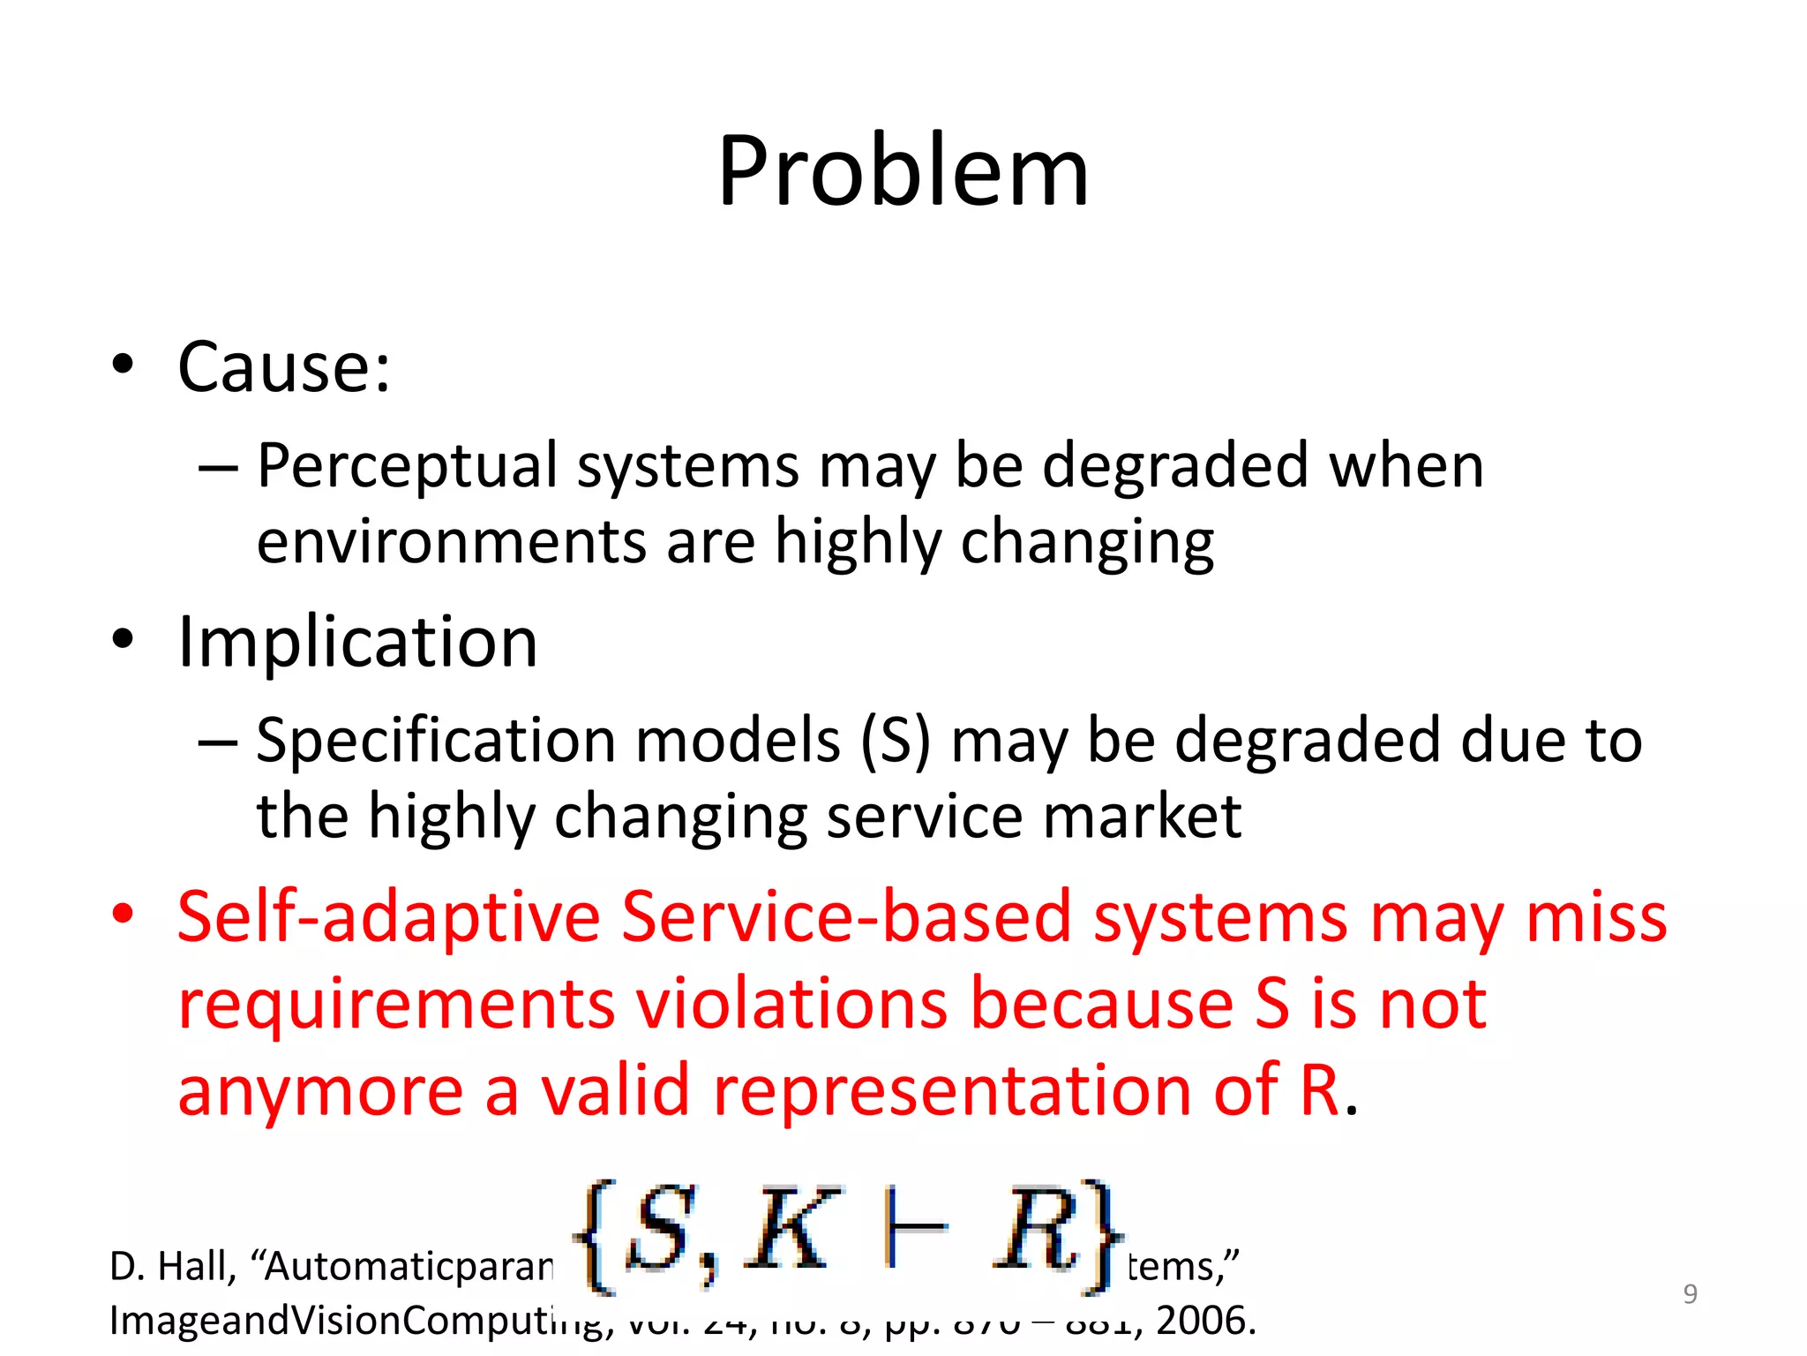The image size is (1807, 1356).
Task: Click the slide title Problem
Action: [x=903, y=172]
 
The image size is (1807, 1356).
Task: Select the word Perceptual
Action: [x=408, y=466]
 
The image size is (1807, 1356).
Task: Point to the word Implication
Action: [x=357, y=642]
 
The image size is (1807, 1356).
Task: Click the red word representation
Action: [x=954, y=1090]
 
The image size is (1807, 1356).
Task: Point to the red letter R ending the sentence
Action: [x=1320, y=1090]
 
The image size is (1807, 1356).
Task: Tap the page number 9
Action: [x=1690, y=1294]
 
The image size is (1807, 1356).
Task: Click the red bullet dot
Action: [x=123, y=914]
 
